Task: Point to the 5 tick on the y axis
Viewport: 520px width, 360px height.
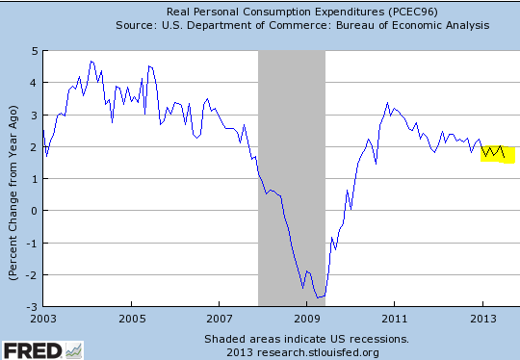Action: [x=33, y=50]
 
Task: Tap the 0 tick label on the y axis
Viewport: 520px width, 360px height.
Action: [x=33, y=210]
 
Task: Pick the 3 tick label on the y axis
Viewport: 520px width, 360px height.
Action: [x=33, y=115]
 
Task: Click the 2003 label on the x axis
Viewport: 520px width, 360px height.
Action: [x=42, y=317]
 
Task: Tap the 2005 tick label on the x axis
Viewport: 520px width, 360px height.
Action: [x=131, y=317]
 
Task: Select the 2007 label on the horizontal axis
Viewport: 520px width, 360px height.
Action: [x=219, y=317]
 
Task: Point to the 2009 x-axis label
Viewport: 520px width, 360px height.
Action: [x=307, y=317]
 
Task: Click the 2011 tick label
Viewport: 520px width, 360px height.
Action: [x=395, y=317]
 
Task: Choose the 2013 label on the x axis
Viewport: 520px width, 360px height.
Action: [x=482, y=317]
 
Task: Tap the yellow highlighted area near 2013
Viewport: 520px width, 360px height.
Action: [x=498, y=149]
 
